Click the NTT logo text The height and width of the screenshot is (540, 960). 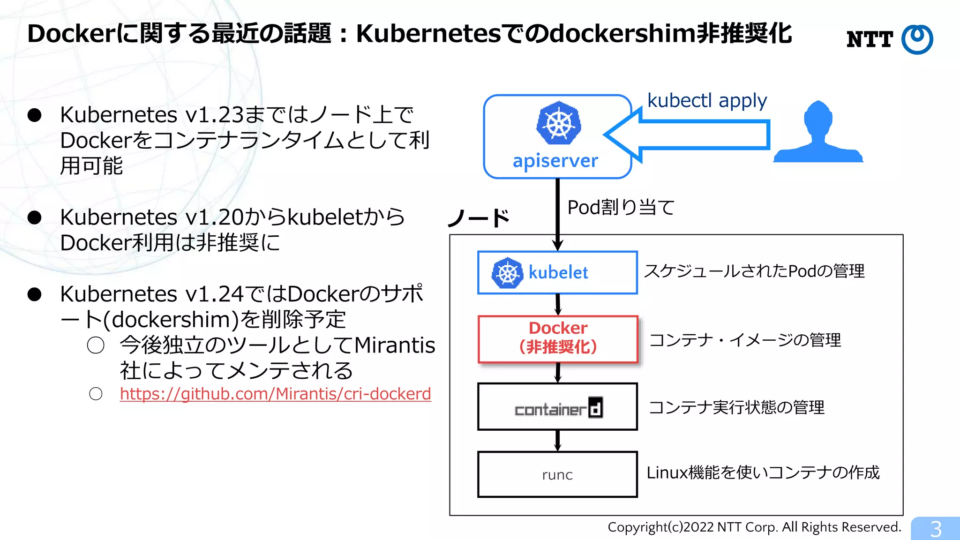pyautogui.click(x=870, y=39)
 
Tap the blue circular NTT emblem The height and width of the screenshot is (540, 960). pyautogui.click(x=917, y=39)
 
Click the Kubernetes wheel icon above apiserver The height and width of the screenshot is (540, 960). pyautogui.click(x=558, y=123)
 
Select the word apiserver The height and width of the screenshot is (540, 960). pyautogui.click(x=555, y=161)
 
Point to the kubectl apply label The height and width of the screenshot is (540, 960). pyautogui.click(x=707, y=101)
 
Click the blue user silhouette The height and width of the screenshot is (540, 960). pyautogui.click(x=818, y=134)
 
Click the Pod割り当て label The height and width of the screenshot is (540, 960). pyautogui.click(x=621, y=207)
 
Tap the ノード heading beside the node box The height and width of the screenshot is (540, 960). pyautogui.click(x=479, y=218)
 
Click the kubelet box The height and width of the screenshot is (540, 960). pyautogui.click(x=557, y=272)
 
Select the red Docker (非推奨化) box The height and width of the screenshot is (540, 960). pyautogui.click(x=558, y=339)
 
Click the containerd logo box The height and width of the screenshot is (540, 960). pyautogui.click(x=557, y=407)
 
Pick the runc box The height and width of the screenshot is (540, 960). pyautogui.click(x=557, y=474)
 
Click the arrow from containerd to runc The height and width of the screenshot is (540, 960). pyautogui.click(x=557, y=441)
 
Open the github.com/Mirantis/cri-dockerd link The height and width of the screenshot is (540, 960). pyautogui.click(x=275, y=394)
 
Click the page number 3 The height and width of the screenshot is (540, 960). pyautogui.click(x=936, y=529)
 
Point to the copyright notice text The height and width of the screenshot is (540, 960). pyautogui.click(x=754, y=527)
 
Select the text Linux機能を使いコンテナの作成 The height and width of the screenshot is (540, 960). pyautogui.click(x=763, y=472)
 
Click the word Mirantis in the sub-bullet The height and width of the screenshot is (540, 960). pyautogui.click(x=395, y=345)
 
